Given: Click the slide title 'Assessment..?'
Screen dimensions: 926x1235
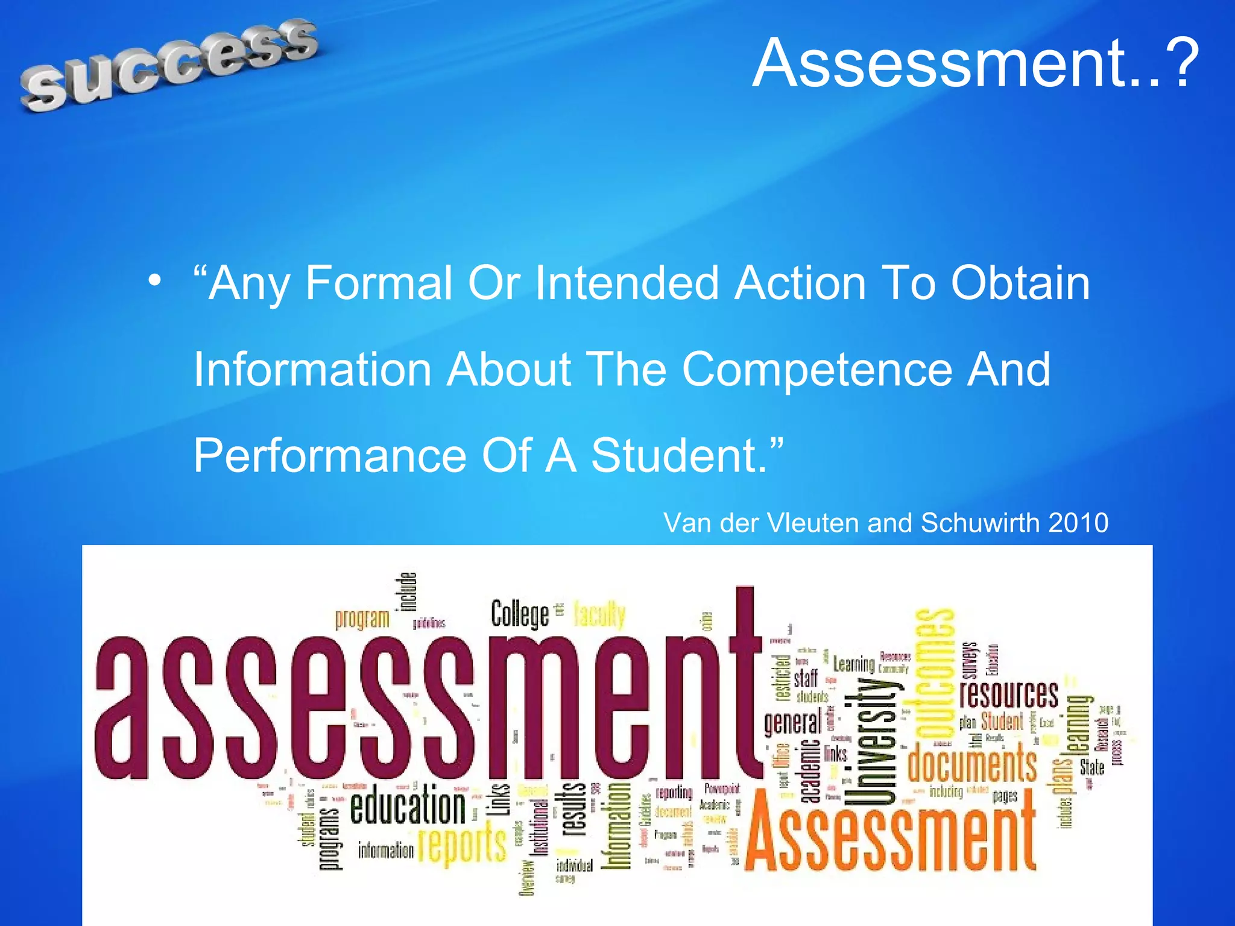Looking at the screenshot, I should [976, 63].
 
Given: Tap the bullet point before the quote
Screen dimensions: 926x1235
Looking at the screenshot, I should [155, 280].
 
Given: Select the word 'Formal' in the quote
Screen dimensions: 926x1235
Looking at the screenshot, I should [379, 283].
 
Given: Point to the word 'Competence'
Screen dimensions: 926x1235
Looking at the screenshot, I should [816, 369].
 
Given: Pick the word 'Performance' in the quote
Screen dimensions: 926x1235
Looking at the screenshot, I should [330, 455].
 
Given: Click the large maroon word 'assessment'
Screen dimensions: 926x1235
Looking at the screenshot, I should [422, 705].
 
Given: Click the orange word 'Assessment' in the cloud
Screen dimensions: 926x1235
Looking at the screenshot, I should [890, 835].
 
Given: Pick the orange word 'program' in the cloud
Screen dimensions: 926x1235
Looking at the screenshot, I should [362, 619].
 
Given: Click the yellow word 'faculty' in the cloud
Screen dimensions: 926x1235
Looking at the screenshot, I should [599, 615].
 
